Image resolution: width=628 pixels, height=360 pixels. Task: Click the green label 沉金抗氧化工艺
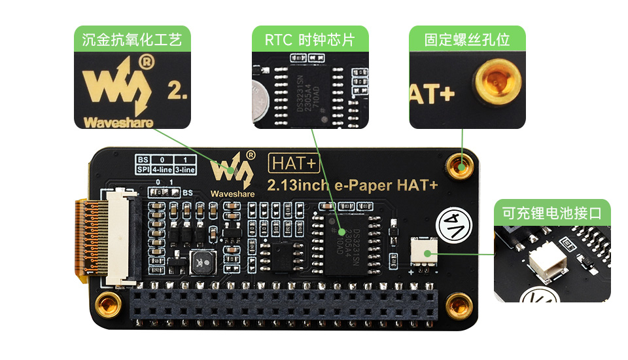(x=132, y=40)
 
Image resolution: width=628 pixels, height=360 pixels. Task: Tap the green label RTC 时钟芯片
(x=309, y=40)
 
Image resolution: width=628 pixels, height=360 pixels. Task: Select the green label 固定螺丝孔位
(x=467, y=40)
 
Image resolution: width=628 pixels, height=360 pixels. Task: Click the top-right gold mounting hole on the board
(x=461, y=166)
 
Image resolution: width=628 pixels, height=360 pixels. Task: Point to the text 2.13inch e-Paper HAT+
(x=352, y=185)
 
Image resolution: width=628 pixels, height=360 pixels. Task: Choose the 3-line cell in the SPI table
(x=185, y=170)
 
